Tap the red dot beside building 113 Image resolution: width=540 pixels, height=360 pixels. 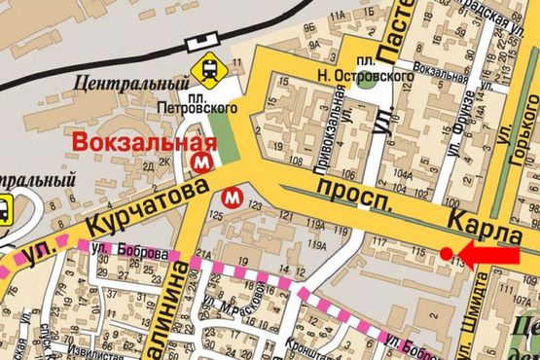[x=446, y=254]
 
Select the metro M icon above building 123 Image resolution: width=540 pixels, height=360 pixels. [x=233, y=196]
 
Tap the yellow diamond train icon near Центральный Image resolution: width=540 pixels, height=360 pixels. [x=208, y=69]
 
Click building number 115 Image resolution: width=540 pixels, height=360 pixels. [x=419, y=251]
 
